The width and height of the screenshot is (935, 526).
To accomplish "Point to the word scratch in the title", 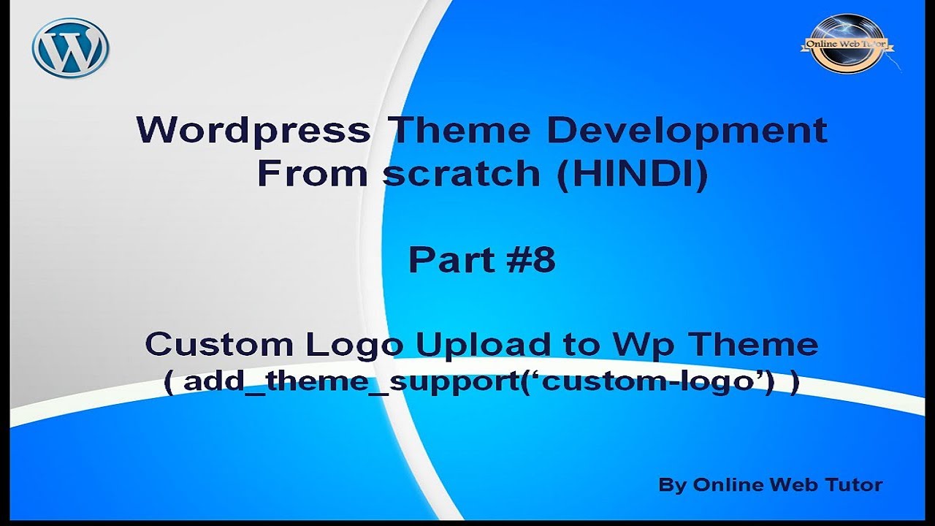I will pyautogui.click(x=463, y=174).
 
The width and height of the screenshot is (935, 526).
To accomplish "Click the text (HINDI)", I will pyautogui.click(x=633, y=174).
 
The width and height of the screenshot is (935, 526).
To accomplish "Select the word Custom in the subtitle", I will pyautogui.click(x=218, y=344).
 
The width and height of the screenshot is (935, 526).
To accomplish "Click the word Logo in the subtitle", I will pyautogui.click(x=355, y=344).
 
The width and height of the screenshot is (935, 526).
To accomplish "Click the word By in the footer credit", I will pyautogui.click(x=672, y=484).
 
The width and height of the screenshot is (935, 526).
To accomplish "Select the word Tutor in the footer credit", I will pyautogui.click(x=852, y=484).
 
